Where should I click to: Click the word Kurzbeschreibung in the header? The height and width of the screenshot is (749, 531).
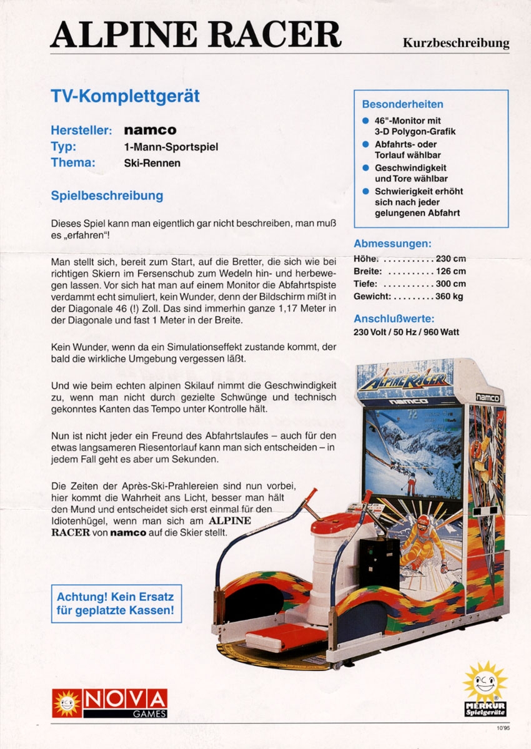455,44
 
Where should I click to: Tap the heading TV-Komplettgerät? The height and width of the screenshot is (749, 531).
125,97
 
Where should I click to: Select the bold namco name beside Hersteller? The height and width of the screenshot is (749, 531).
150,130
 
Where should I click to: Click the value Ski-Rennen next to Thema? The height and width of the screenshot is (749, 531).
152,164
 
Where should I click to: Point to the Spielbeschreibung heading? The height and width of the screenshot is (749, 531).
107,195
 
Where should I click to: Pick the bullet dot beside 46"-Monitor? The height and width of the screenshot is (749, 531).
365,120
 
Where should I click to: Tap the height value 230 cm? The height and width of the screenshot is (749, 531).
451,259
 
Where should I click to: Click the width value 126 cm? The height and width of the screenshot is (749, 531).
451,272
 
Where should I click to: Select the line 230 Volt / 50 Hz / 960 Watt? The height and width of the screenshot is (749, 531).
406,331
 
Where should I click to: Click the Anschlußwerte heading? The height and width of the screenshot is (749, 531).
392,318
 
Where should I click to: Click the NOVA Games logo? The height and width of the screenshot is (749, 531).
109,703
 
